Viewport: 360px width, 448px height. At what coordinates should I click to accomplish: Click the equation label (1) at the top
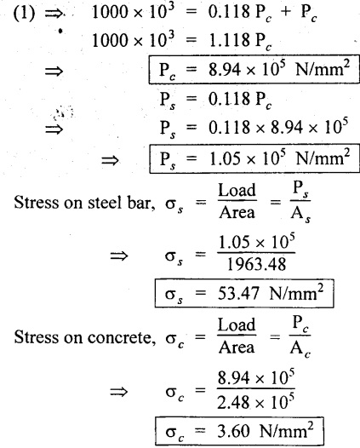(x=24, y=14)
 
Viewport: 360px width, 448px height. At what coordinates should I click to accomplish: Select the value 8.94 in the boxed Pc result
(x=225, y=70)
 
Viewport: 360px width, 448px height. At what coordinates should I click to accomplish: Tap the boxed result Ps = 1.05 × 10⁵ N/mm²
(x=254, y=159)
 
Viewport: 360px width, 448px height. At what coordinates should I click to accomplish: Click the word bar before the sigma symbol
(x=140, y=203)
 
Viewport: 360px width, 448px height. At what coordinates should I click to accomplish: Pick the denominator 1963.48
(x=256, y=264)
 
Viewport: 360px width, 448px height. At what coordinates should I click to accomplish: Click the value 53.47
(x=238, y=294)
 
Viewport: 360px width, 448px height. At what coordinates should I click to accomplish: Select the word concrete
(x=122, y=338)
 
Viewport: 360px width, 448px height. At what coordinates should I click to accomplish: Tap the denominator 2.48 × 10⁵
(x=256, y=402)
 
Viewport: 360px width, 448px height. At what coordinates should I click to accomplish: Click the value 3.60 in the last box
(x=233, y=431)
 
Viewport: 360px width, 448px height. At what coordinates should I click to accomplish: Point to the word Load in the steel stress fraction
(x=237, y=190)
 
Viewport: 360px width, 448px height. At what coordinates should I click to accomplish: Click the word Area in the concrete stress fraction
(x=237, y=347)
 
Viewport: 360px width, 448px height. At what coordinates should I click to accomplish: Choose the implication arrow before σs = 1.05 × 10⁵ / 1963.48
(x=119, y=256)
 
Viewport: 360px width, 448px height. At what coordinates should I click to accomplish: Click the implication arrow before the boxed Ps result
(x=110, y=161)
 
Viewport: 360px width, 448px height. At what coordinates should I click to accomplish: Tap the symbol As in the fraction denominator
(x=300, y=214)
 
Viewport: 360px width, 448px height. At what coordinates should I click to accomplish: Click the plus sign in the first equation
(x=286, y=14)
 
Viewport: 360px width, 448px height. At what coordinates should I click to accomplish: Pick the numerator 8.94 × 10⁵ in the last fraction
(x=256, y=376)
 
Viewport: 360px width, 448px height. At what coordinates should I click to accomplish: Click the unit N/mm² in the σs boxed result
(x=296, y=293)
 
